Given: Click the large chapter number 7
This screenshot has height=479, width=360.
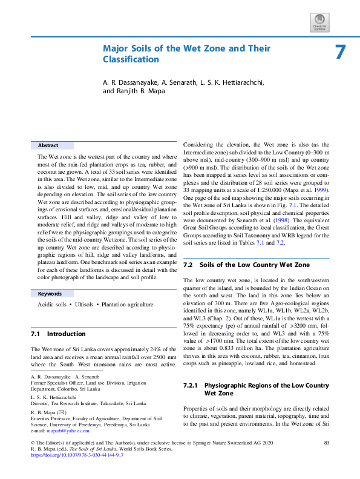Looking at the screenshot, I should coord(341,52).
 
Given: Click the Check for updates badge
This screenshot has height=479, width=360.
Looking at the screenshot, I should coord(319,23).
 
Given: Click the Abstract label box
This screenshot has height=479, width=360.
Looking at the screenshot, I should coord(52,145).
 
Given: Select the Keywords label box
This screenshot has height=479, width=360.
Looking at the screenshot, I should coord(52,293).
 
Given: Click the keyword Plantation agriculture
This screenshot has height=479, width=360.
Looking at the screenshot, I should coord(127,304).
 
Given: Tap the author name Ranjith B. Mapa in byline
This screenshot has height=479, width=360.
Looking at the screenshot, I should coord(139,91).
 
